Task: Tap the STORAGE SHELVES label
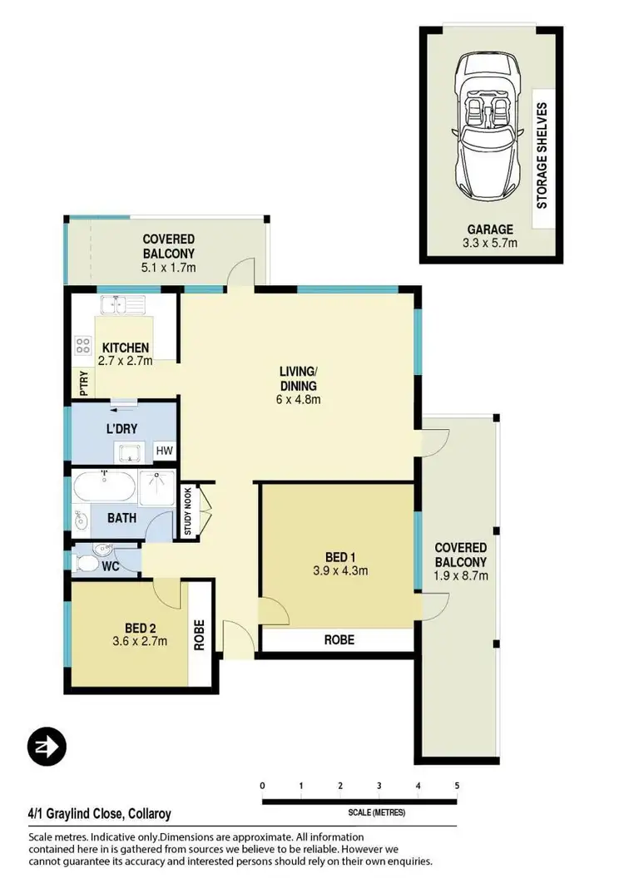[542, 155]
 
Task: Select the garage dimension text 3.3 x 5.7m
[489, 243]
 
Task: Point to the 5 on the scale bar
[457, 785]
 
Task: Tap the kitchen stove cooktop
[83, 345]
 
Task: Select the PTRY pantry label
[83, 382]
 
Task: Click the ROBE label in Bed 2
[200, 635]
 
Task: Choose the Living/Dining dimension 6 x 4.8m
[300, 399]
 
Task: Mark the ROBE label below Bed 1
[339, 639]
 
